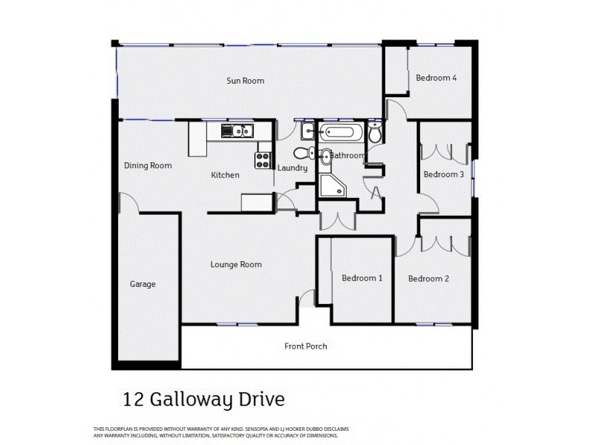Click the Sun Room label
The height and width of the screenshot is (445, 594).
pos(245,81)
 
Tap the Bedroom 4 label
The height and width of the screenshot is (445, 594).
pos(436,78)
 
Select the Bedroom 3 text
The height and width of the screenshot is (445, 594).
pos(443,174)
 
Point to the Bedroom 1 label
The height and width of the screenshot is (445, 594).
pos(362,278)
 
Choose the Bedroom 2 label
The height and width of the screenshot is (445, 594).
pos(428,279)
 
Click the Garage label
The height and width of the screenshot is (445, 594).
pos(143,283)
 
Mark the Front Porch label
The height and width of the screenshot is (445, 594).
pos(305,346)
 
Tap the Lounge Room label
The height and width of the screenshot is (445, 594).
pos(235,264)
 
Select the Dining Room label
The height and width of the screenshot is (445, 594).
pos(147,165)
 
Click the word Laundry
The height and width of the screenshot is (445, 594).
pos(292,168)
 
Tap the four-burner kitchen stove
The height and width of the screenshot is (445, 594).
pos(263,159)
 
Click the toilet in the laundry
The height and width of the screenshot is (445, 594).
pos(301,154)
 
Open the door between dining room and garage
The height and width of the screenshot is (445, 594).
pos(128,202)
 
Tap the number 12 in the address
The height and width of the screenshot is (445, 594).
pos(131,400)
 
